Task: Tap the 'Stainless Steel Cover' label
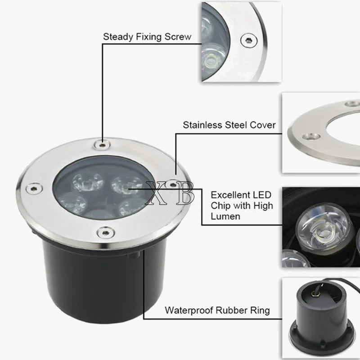pyautogui.click(x=229, y=125)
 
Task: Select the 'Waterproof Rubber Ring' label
pyautogui.click(x=217, y=310)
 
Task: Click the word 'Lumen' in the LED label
pyautogui.click(x=226, y=216)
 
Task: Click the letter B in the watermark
pyautogui.click(x=186, y=193)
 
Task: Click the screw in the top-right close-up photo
pyautogui.click(x=247, y=40)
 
